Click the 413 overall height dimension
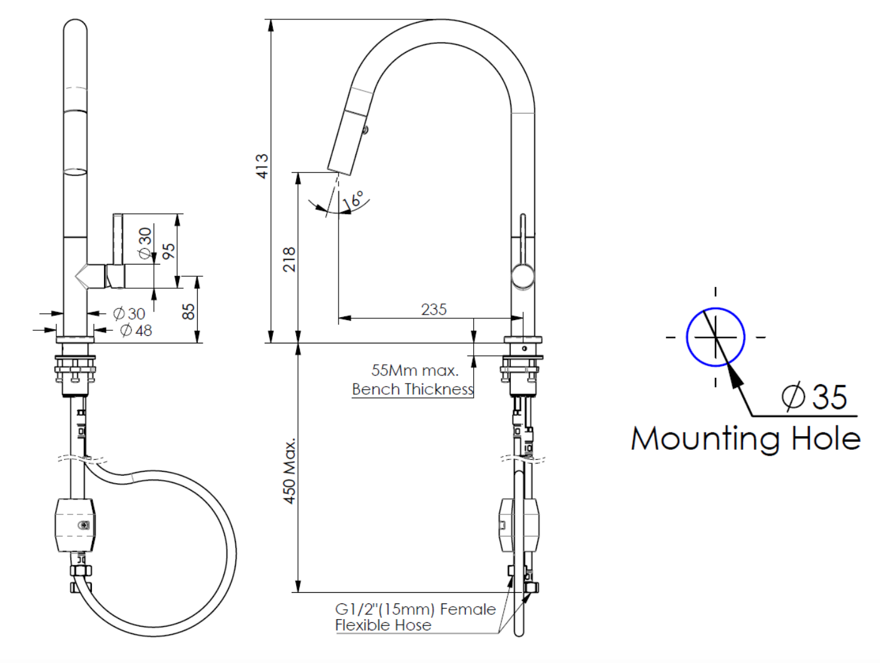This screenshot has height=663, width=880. pyautogui.click(x=262, y=166)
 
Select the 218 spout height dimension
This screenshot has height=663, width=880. pyautogui.click(x=289, y=259)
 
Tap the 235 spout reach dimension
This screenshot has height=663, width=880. pyautogui.click(x=434, y=310)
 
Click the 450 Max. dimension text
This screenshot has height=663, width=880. pyautogui.click(x=289, y=471)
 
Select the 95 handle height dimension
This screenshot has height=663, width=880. pyautogui.click(x=169, y=251)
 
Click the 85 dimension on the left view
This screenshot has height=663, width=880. pyautogui.click(x=188, y=311)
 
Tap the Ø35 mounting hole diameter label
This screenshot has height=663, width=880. pyautogui.click(x=814, y=397)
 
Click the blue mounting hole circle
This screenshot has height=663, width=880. pyautogui.click(x=715, y=337)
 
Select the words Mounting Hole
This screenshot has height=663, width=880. pyautogui.click(x=745, y=439)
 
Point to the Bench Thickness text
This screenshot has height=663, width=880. pyautogui.click(x=412, y=389)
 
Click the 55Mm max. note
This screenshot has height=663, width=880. pyautogui.click(x=414, y=370)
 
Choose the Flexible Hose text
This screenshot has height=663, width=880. pyautogui.click(x=383, y=625)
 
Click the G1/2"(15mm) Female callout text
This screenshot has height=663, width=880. pyautogui.click(x=415, y=609)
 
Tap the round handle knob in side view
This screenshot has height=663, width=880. pyautogui.click(x=523, y=276)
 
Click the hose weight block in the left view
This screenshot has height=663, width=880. pyautogui.click(x=76, y=525)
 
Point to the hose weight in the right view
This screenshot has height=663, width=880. pyautogui.click(x=518, y=525)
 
